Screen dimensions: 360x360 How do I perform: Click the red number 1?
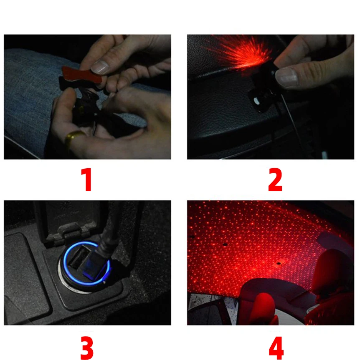(87, 179)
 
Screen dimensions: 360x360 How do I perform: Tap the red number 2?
(275, 179)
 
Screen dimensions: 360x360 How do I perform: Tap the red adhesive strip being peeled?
(81, 75)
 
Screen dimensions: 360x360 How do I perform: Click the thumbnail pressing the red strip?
(99, 67)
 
